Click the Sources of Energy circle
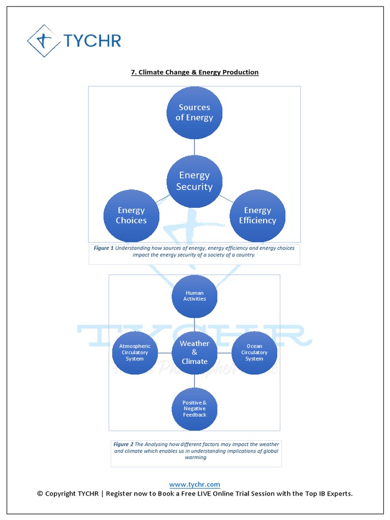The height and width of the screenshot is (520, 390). tap(194, 113)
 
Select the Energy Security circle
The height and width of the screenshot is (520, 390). tap(194, 181)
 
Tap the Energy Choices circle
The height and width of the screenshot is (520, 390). tap(132, 215)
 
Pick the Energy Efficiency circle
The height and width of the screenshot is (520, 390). tap(257, 215)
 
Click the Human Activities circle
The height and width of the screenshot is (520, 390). tap(194, 296)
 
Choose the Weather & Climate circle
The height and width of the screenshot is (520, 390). tap(194, 352)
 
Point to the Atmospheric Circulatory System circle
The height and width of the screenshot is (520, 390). tap(135, 352)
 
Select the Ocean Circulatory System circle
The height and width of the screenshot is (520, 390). tap(254, 352)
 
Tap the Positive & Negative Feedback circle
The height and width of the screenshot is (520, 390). tap(194, 409)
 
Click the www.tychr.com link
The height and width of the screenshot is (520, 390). tap(194, 484)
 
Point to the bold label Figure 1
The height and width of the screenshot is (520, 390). tap(104, 248)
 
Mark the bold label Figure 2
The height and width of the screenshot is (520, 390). tap(123, 444)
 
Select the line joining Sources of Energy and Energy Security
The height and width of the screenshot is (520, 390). tap(194, 147)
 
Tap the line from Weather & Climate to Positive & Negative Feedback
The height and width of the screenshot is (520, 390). tap(194, 381)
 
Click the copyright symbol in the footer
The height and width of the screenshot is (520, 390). tap(40, 494)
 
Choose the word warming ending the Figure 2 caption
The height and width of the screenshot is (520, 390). tap(196, 457)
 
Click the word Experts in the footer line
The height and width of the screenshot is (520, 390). tap(339, 494)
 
